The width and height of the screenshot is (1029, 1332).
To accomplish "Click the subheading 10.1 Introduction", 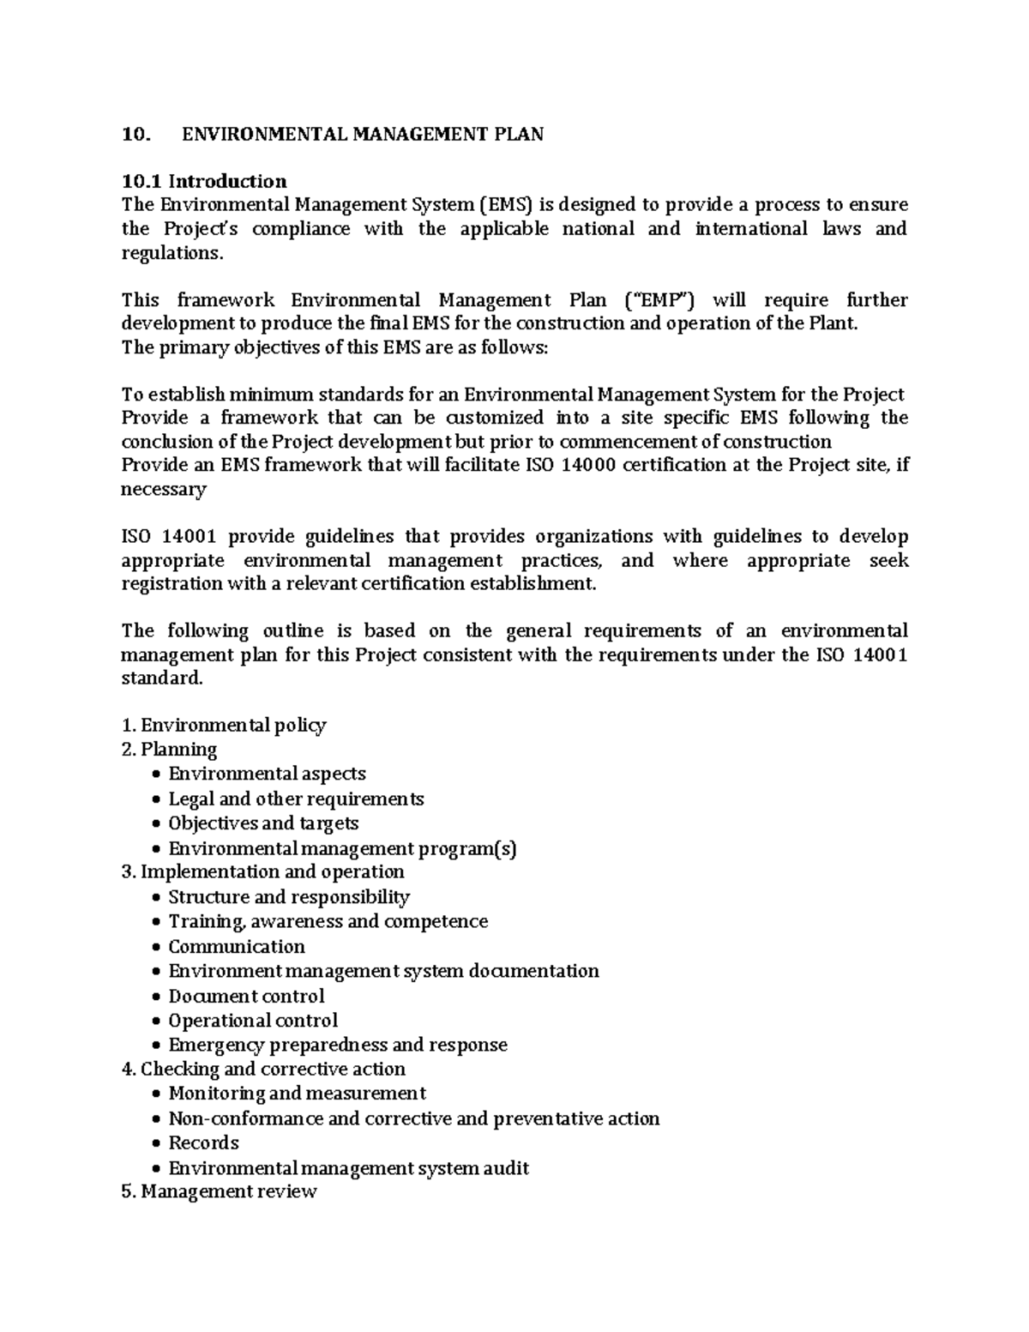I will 204,181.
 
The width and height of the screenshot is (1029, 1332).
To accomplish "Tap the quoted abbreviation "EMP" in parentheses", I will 658,300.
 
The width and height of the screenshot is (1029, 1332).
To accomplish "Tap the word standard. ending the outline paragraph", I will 162,678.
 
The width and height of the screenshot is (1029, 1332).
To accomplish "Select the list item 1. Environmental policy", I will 224,726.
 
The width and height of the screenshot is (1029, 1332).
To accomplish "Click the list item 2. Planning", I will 169,750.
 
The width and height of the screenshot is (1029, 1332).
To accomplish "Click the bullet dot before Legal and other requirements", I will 154,799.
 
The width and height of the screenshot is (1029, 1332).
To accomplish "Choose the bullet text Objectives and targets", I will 263,823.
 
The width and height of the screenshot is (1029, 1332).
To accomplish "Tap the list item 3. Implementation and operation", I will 262,872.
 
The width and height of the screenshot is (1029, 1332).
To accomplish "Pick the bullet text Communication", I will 237,947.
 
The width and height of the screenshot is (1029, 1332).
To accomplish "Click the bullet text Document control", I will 246,997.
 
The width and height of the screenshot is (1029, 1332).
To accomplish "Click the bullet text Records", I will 203,1143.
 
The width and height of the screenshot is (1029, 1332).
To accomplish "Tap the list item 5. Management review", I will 220,1192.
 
